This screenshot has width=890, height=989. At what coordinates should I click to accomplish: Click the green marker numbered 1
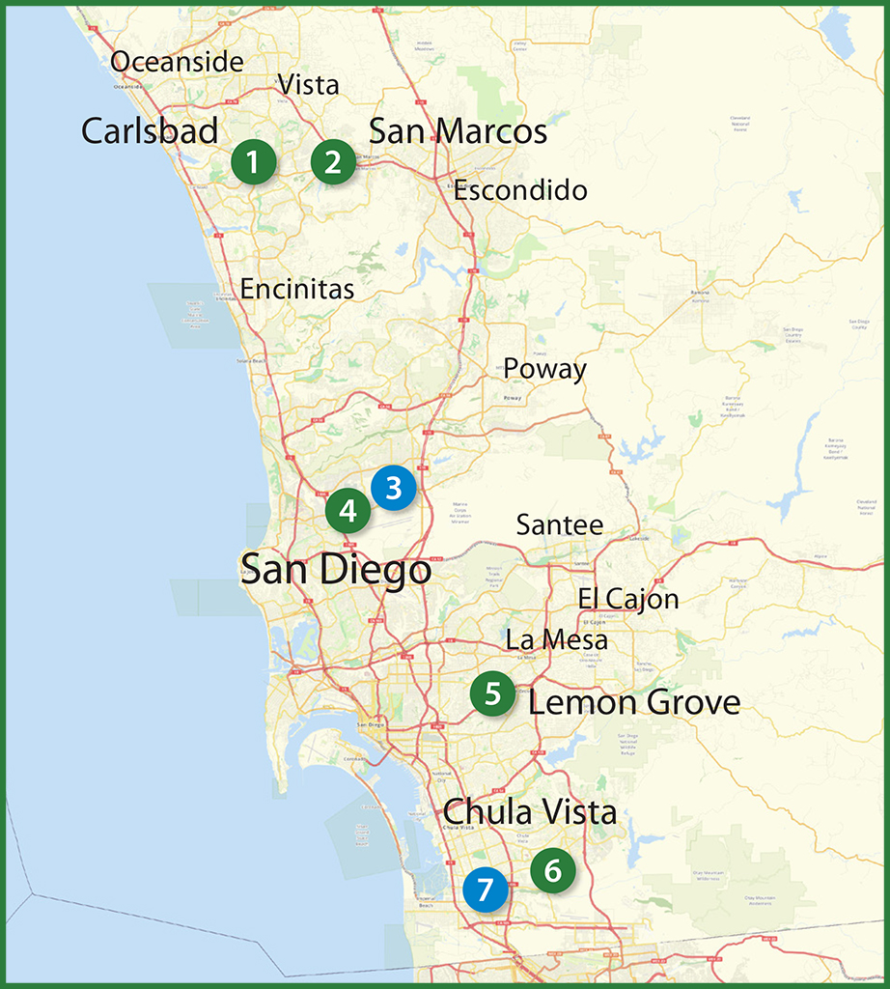tap(253, 162)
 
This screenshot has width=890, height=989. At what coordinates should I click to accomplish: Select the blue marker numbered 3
tap(393, 488)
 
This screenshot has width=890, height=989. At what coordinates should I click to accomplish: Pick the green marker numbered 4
tap(348, 511)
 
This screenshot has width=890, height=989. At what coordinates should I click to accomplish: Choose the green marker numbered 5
tap(493, 693)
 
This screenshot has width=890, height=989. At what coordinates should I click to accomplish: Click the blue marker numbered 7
tap(485, 890)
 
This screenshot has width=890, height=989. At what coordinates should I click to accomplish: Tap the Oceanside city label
tap(177, 63)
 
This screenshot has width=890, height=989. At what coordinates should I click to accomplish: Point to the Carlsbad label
tap(150, 131)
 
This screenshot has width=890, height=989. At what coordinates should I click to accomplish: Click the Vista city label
tap(309, 85)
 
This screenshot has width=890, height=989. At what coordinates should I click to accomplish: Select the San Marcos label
tap(458, 131)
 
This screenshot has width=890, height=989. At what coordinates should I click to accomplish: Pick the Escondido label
tap(520, 190)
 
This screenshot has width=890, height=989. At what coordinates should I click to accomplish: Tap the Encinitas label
tap(297, 289)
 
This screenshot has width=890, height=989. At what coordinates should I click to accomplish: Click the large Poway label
tap(544, 369)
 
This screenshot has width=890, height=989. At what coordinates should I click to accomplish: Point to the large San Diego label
tap(336, 570)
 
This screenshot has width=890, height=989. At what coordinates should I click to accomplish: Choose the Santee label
tap(560, 525)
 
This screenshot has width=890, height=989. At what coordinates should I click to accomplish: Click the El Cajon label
tap(628, 600)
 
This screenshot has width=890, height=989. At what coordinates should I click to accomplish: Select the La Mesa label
tap(557, 639)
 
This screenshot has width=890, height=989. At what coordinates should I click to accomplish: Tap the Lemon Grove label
tap(634, 702)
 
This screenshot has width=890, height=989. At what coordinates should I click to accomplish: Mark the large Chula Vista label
tap(530, 812)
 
